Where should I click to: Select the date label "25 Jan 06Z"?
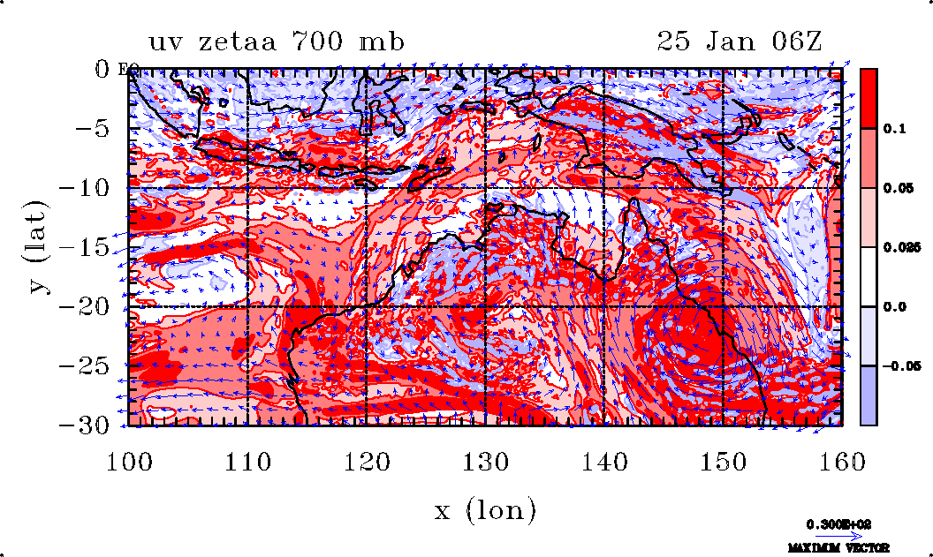740,41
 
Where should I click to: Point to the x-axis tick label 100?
129,462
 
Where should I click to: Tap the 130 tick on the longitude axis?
486,462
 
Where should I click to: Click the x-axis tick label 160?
843,462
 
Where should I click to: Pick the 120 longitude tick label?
367,462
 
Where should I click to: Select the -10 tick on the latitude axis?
87,187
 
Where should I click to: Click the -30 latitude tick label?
87,425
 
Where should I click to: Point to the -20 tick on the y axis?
87,306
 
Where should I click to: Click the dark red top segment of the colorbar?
869,98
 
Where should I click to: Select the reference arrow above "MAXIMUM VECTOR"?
833,535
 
